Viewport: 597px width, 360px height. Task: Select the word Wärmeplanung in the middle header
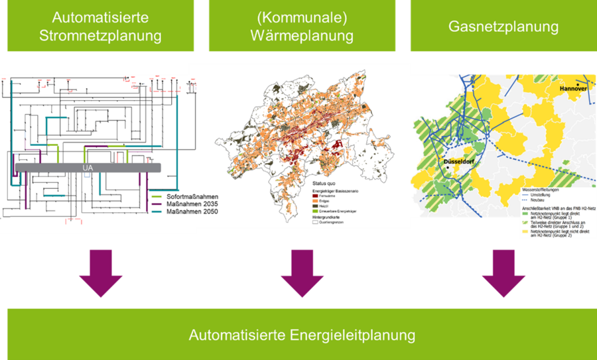[302, 35]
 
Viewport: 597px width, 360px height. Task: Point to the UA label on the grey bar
[87, 168]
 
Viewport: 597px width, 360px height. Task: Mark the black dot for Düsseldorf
[448, 168]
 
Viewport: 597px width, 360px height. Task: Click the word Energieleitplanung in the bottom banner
[353, 335]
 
